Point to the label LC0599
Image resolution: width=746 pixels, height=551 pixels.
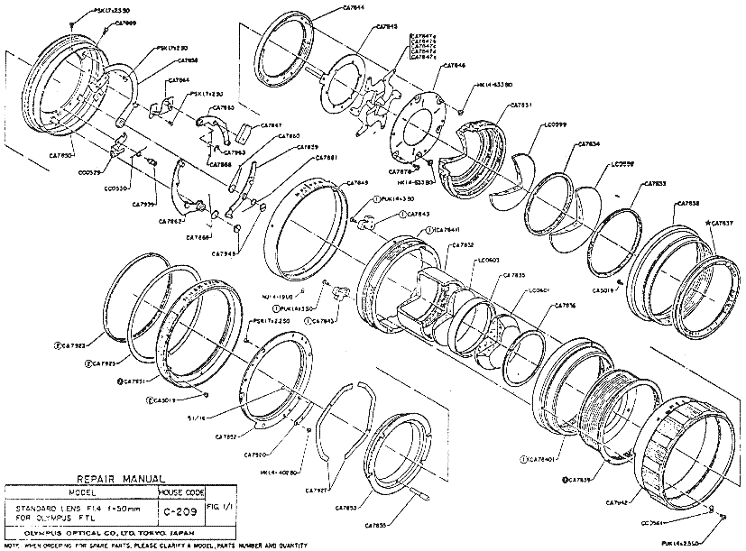tap(557, 124)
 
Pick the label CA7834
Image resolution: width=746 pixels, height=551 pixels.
tap(587, 143)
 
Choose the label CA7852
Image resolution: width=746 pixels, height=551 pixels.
tap(226, 436)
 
